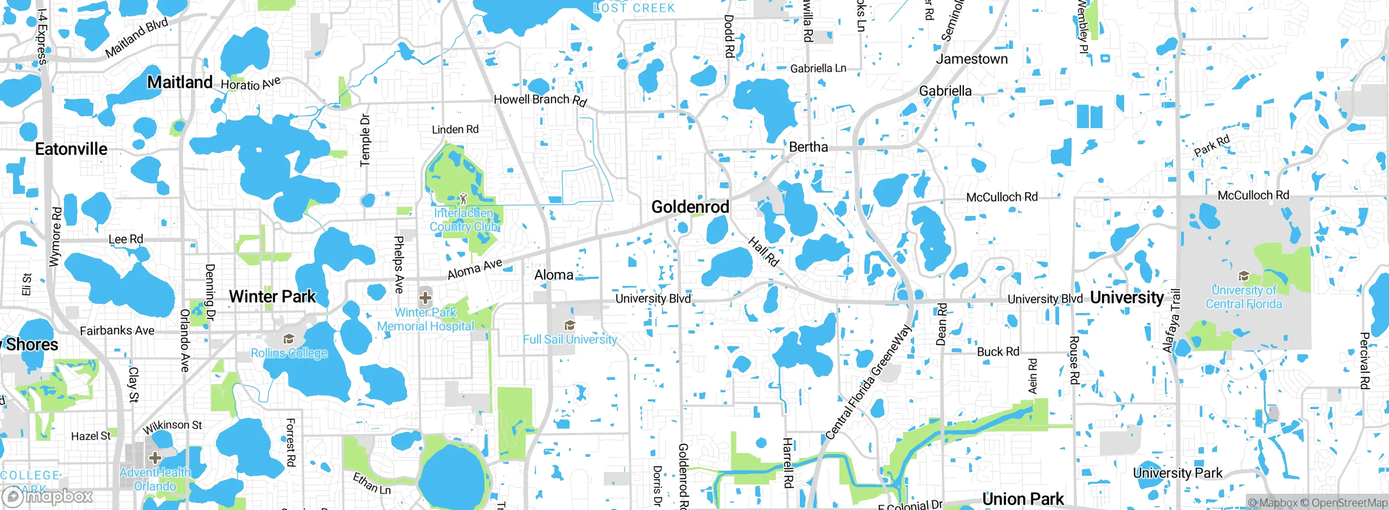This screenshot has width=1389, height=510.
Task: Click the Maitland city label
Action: click(x=180, y=82)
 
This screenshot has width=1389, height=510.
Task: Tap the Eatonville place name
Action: click(x=71, y=149)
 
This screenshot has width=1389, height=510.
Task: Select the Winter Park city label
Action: click(x=272, y=297)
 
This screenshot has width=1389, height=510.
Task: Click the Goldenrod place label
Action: click(x=690, y=207)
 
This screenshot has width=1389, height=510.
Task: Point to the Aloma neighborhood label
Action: click(x=553, y=275)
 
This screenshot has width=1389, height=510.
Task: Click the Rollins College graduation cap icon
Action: click(x=289, y=340)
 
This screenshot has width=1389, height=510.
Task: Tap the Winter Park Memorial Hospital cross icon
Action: click(x=425, y=297)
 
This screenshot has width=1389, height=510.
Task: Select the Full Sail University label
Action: click(x=570, y=340)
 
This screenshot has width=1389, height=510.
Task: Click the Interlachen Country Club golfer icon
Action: click(x=463, y=199)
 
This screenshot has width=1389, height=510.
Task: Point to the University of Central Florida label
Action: click(x=1244, y=297)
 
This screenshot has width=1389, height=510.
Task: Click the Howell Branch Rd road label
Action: click(x=540, y=100)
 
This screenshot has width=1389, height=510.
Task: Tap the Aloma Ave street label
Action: click(x=475, y=269)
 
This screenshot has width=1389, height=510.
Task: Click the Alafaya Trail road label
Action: click(x=1172, y=320)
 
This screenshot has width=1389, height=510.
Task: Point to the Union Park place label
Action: click(x=1023, y=499)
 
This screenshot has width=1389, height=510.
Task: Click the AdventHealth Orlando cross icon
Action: click(x=155, y=457)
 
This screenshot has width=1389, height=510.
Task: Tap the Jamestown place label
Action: click(x=972, y=59)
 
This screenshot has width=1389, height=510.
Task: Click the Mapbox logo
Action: click(x=48, y=496)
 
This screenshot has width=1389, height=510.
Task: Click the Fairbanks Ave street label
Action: click(x=117, y=330)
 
